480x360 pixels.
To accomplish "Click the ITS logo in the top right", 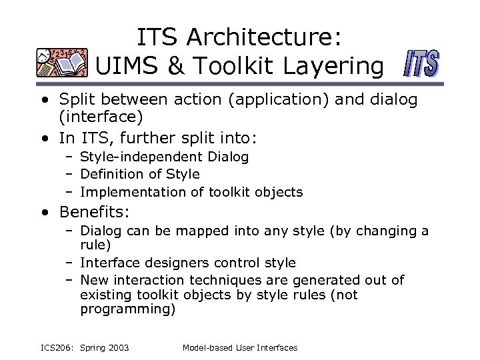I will point(422,65).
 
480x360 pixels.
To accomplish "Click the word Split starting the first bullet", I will point(77,100).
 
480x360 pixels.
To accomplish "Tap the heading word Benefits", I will point(93,213).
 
